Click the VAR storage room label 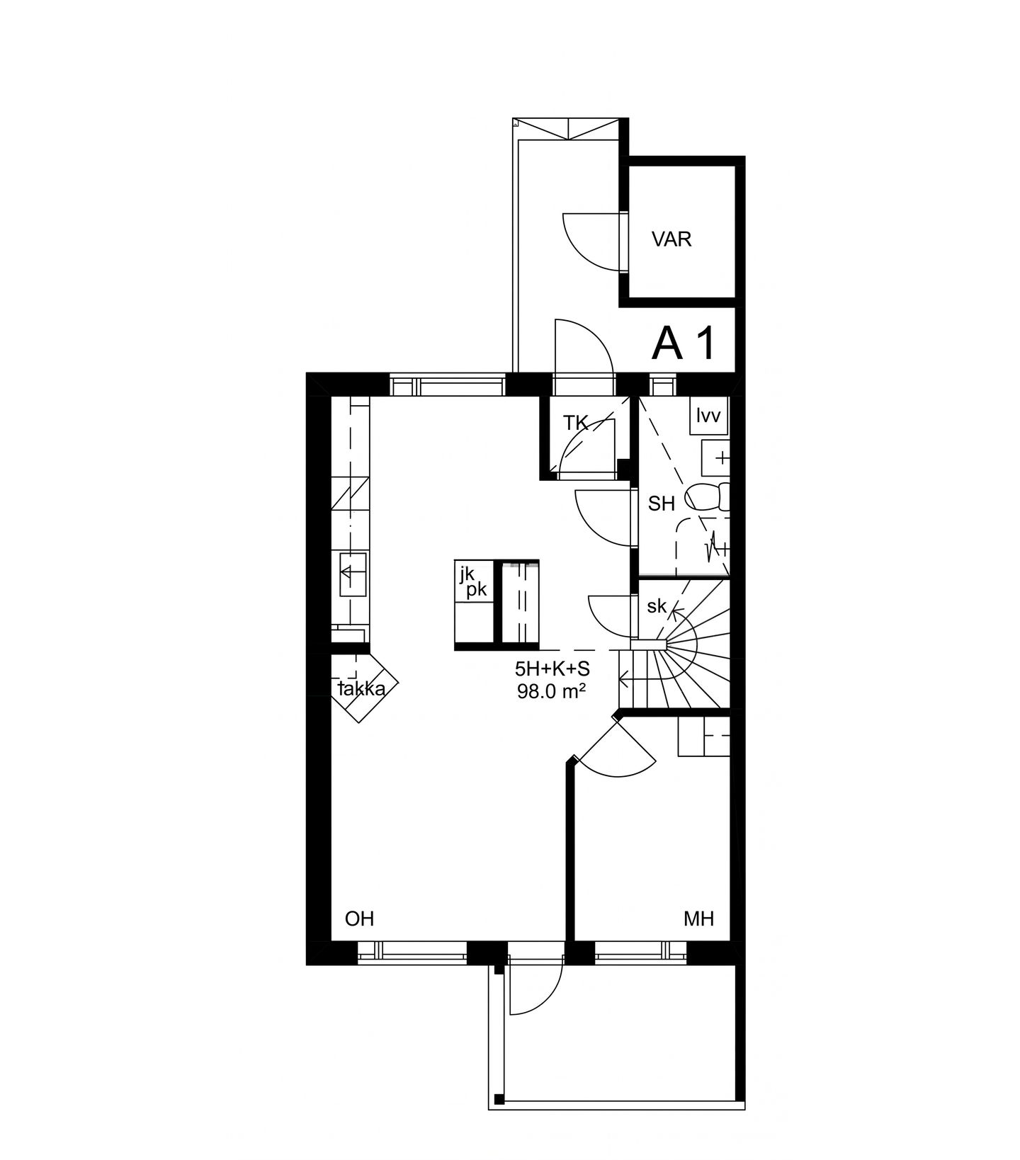[671, 239]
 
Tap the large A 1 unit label [684, 343]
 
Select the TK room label [575, 423]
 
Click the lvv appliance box [708, 416]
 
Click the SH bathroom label [662, 504]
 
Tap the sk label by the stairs [657, 606]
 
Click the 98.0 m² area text [552, 691]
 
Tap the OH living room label [359, 919]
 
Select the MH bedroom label [698, 919]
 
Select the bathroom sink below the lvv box [715, 457]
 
